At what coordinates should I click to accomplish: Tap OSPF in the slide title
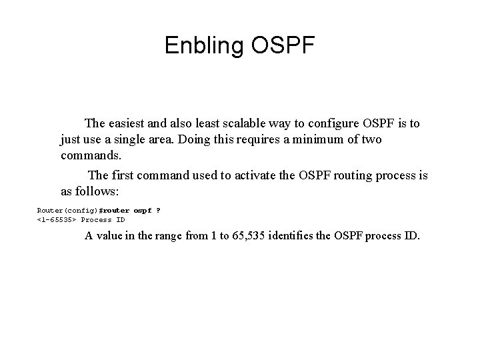(283, 45)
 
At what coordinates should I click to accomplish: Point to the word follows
(99, 191)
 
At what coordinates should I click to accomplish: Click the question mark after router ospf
(158, 210)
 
